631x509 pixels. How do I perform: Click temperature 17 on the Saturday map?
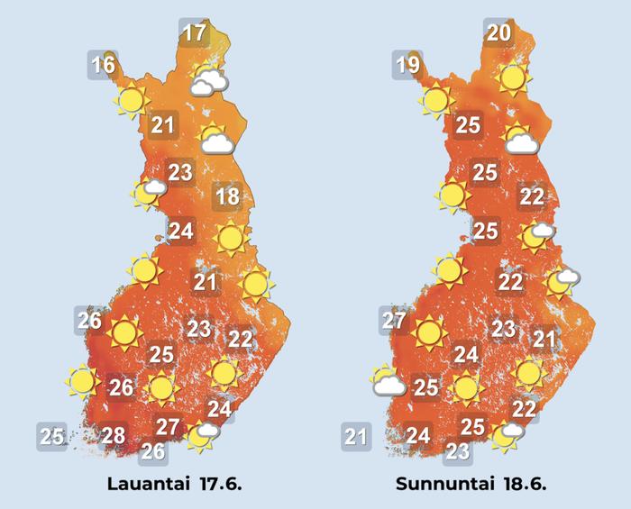tap(194, 34)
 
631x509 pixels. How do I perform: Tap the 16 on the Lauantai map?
tap(103, 65)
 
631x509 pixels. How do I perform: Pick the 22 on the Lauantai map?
tap(240, 340)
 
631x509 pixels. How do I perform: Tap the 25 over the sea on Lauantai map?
tap(51, 437)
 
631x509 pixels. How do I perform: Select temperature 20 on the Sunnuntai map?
tap(499, 34)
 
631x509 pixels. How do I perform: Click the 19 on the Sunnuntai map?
tap(407, 65)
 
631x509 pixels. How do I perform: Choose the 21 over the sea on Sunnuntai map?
tap(356, 438)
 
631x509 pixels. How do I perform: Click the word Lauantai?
tap(146, 484)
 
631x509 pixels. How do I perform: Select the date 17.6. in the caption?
tap(217, 484)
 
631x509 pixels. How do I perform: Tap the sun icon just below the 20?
tap(513, 78)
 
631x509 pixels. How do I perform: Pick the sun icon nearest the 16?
tap(130, 100)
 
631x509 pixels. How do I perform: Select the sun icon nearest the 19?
tap(435, 100)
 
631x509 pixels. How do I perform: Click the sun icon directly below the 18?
tap(231, 238)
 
